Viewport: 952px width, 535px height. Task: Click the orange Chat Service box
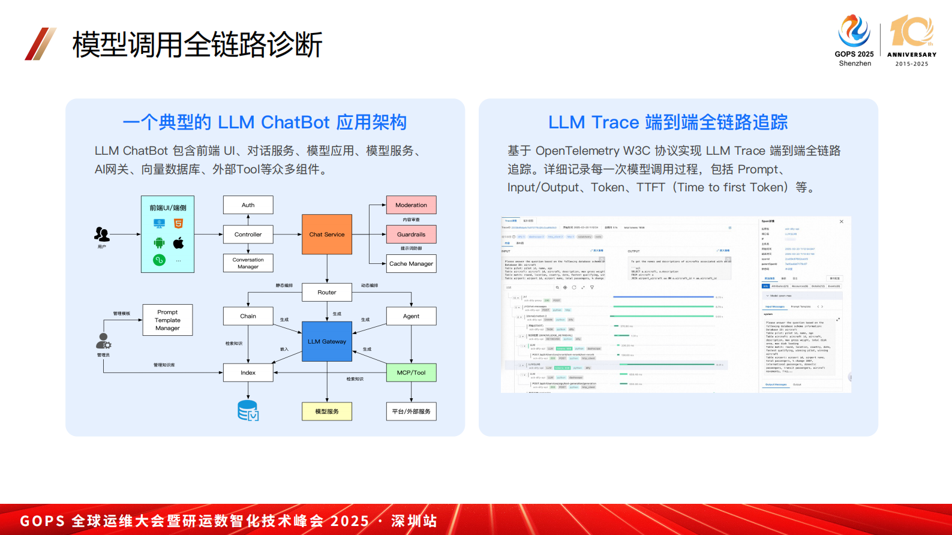327,235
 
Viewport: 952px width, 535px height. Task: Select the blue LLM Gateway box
327,341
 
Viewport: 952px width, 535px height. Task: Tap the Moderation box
411,205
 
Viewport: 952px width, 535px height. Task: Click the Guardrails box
411,235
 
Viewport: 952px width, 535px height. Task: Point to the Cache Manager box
411,264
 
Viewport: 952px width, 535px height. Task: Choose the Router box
327,293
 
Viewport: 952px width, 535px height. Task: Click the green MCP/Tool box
411,372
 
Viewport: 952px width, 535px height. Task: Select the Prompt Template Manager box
167,320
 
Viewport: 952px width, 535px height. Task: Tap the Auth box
248,205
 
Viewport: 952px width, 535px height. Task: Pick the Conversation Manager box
248,263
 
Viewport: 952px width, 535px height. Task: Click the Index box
248,372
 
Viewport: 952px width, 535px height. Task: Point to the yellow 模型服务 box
327,411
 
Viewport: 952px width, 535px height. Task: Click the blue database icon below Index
248,410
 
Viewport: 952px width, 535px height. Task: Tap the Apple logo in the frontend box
178,243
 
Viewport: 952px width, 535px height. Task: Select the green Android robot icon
159,243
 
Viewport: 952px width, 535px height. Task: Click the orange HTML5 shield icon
178,224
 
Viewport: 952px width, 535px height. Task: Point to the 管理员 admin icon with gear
103,341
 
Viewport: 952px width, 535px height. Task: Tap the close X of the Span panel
841,222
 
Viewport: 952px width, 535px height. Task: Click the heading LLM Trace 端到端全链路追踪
668,122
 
